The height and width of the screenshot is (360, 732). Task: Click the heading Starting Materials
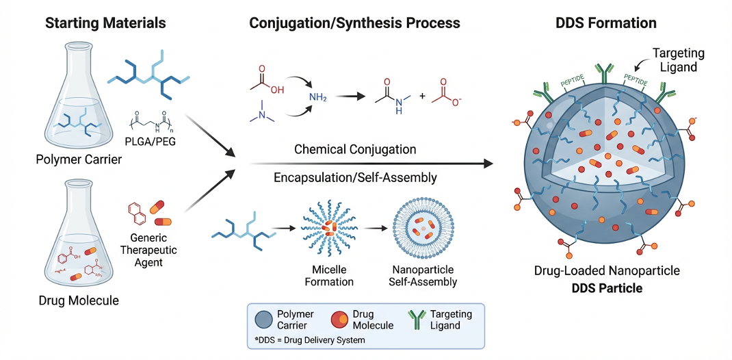click(x=105, y=23)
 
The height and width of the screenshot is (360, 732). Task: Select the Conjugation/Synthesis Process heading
click(x=354, y=23)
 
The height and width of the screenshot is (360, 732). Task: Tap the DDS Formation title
click(x=606, y=23)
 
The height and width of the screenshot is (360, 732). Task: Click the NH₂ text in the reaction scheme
click(x=317, y=98)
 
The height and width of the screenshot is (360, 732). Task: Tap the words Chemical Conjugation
click(x=355, y=149)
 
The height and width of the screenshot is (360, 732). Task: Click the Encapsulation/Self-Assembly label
click(x=355, y=177)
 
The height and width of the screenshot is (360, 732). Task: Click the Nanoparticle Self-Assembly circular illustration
click(x=424, y=233)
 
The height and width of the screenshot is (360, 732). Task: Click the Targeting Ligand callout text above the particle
click(x=678, y=60)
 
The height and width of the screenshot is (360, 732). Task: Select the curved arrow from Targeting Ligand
click(x=642, y=66)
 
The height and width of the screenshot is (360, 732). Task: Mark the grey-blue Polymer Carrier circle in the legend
click(x=263, y=320)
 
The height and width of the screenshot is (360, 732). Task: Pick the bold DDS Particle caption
click(x=607, y=288)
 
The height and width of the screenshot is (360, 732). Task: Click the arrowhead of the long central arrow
click(x=488, y=164)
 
